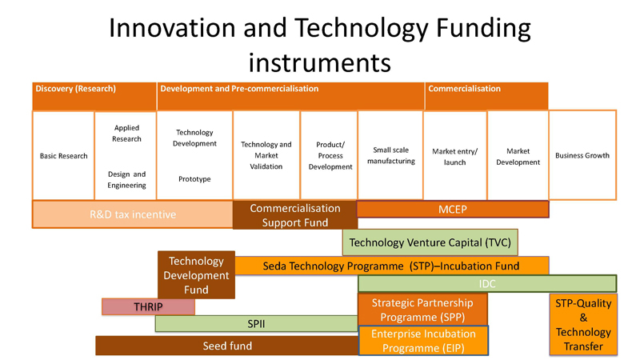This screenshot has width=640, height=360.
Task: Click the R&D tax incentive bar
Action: pyautogui.click(x=133, y=214)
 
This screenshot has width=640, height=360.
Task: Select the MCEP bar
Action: pyautogui.click(x=453, y=210)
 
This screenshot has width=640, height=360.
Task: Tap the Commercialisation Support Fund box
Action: pyautogui.click(x=295, y=215)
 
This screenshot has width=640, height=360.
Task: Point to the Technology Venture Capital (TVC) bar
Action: pyautogui.click(x=430, y=242)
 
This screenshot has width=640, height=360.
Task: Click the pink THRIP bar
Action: pyautogui.click(x=148, y=306)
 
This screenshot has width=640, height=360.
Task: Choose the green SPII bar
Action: pyautogui.click(x=256, y=324)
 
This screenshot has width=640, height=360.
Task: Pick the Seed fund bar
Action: pyautogui.click(x=227, y=346)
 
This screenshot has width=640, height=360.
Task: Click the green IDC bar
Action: pyautogui.click(x=487, y=284)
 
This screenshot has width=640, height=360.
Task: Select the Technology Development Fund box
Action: pyautogui.click(x=196, y=275)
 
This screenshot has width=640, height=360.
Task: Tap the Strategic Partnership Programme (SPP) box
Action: pyautogui.click(x=422, y=310)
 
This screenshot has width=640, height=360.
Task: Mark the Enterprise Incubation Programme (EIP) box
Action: pyautogui.click(x=423, y=341)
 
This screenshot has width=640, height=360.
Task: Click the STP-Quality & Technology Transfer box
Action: pyautogui.click(x=583, y=325)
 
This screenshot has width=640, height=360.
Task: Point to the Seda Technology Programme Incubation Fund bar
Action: pyautogui.click(x=392, y=266)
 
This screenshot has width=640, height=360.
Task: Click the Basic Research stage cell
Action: pyautogui.click(x=64, y=155)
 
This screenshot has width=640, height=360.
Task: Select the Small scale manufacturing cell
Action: pyautogui.click(x=390, y=155)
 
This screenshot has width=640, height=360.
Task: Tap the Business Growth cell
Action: pyautogui.click(x=582, y=155)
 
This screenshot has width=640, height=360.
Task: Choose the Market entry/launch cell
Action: pyautogui.click(x=455, y=156)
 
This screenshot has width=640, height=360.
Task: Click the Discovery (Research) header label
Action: pyautogui.click(x=75, y=89)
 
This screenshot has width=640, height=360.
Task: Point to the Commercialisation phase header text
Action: pyautogui.click(x=464, y=89)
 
